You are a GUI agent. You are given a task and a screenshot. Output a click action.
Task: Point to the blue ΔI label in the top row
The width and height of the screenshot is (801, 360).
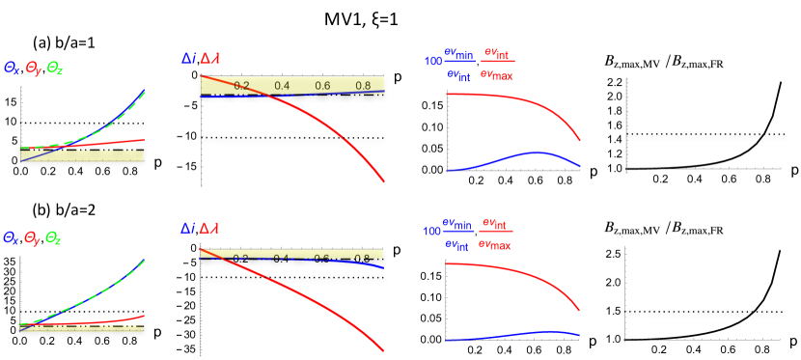point(187,59)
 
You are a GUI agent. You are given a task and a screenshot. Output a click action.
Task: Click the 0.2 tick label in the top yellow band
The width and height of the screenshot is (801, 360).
point(241,85)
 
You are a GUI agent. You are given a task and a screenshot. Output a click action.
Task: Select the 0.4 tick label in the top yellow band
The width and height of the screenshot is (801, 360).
point(282,85)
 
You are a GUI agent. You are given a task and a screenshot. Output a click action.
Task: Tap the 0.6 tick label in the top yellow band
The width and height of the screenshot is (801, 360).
point(322,85)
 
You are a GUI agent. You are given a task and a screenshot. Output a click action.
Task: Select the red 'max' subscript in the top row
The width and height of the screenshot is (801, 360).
point(502,75)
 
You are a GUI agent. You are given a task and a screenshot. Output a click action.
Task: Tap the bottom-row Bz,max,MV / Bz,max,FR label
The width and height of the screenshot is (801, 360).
point(664,229)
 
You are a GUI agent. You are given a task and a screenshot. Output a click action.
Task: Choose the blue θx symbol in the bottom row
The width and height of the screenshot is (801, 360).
point(11,235)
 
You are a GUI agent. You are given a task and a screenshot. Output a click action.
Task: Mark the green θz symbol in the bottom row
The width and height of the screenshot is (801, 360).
point(54,235)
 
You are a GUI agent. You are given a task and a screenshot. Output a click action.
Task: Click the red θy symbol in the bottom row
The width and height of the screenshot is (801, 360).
point(32,235)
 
